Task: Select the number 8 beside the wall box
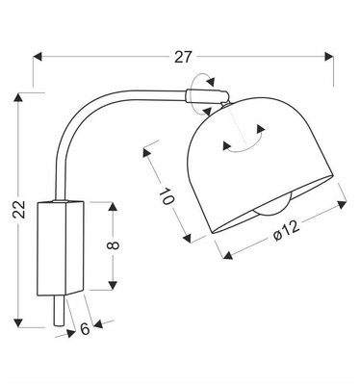[x=114, y=245]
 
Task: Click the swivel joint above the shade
[x=212, y=94]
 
